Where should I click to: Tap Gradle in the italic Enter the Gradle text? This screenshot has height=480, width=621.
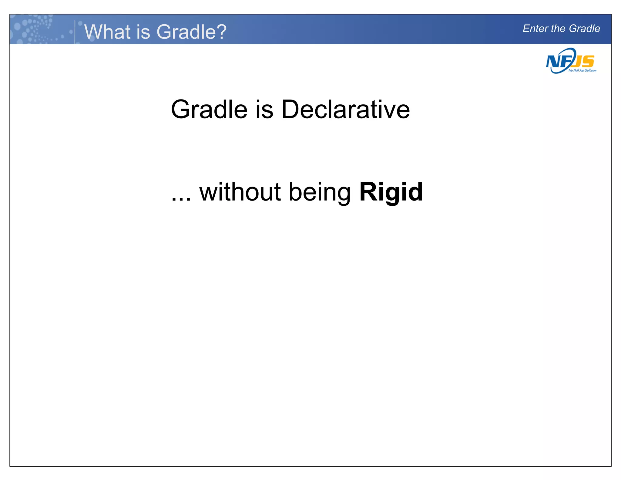(x=584, y=29)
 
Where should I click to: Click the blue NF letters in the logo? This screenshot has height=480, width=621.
(x=557, y=62)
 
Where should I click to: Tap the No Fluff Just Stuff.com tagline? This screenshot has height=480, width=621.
(x=582, y=70)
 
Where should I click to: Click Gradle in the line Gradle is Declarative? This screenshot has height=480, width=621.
(x=209, y=110)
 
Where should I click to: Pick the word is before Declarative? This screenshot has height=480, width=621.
(x=264, y=110)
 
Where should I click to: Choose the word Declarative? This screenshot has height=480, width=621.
(x=346, y=110)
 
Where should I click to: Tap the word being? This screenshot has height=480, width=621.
(x=320, y=193)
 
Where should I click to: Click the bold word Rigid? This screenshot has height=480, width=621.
(x=391, y=192)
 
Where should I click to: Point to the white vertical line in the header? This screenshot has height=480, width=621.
(x=75, y=32)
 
